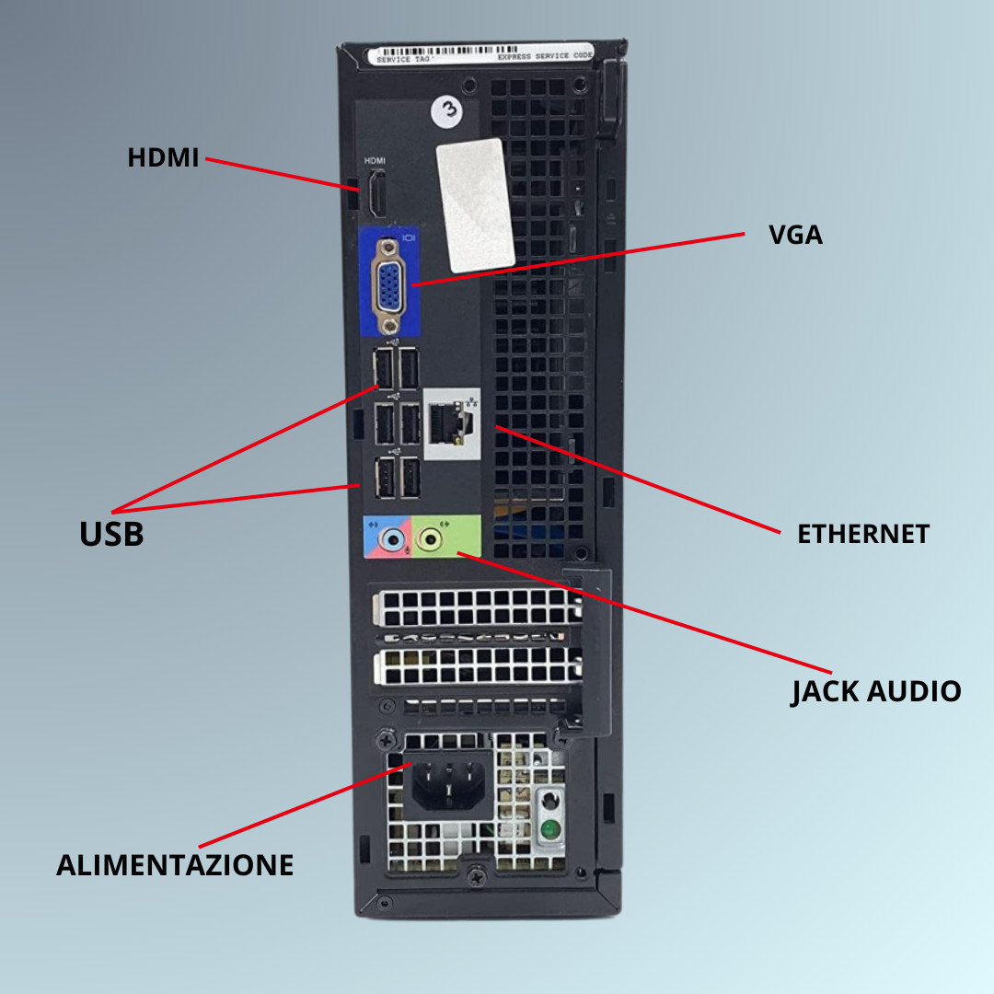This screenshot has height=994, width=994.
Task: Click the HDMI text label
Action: (x=163, y=158)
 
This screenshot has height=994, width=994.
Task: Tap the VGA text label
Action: (x=795, y=236)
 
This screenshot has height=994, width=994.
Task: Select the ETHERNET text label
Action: (x=862, y=534)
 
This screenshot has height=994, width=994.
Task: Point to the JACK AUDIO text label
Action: (x=875, y=691)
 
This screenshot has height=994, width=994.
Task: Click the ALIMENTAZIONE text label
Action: (x=175, y=865)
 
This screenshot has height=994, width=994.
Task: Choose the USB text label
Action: (x=111, y=534)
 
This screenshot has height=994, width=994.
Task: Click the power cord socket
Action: (x=447, y=783)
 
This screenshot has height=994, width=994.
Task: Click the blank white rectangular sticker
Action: (x=475, y=203)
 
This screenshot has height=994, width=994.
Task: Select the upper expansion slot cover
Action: (x=477, y=608)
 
